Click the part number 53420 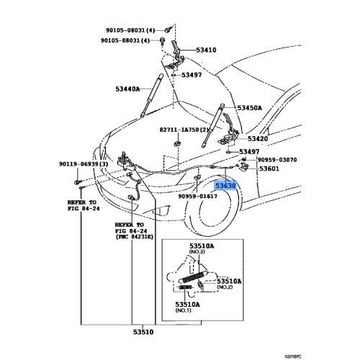tap(258, 138)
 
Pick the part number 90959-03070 tap(277, 159)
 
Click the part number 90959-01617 tap(196, 195)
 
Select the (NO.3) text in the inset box tap(197, 252)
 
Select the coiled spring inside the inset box tap(197, 275)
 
